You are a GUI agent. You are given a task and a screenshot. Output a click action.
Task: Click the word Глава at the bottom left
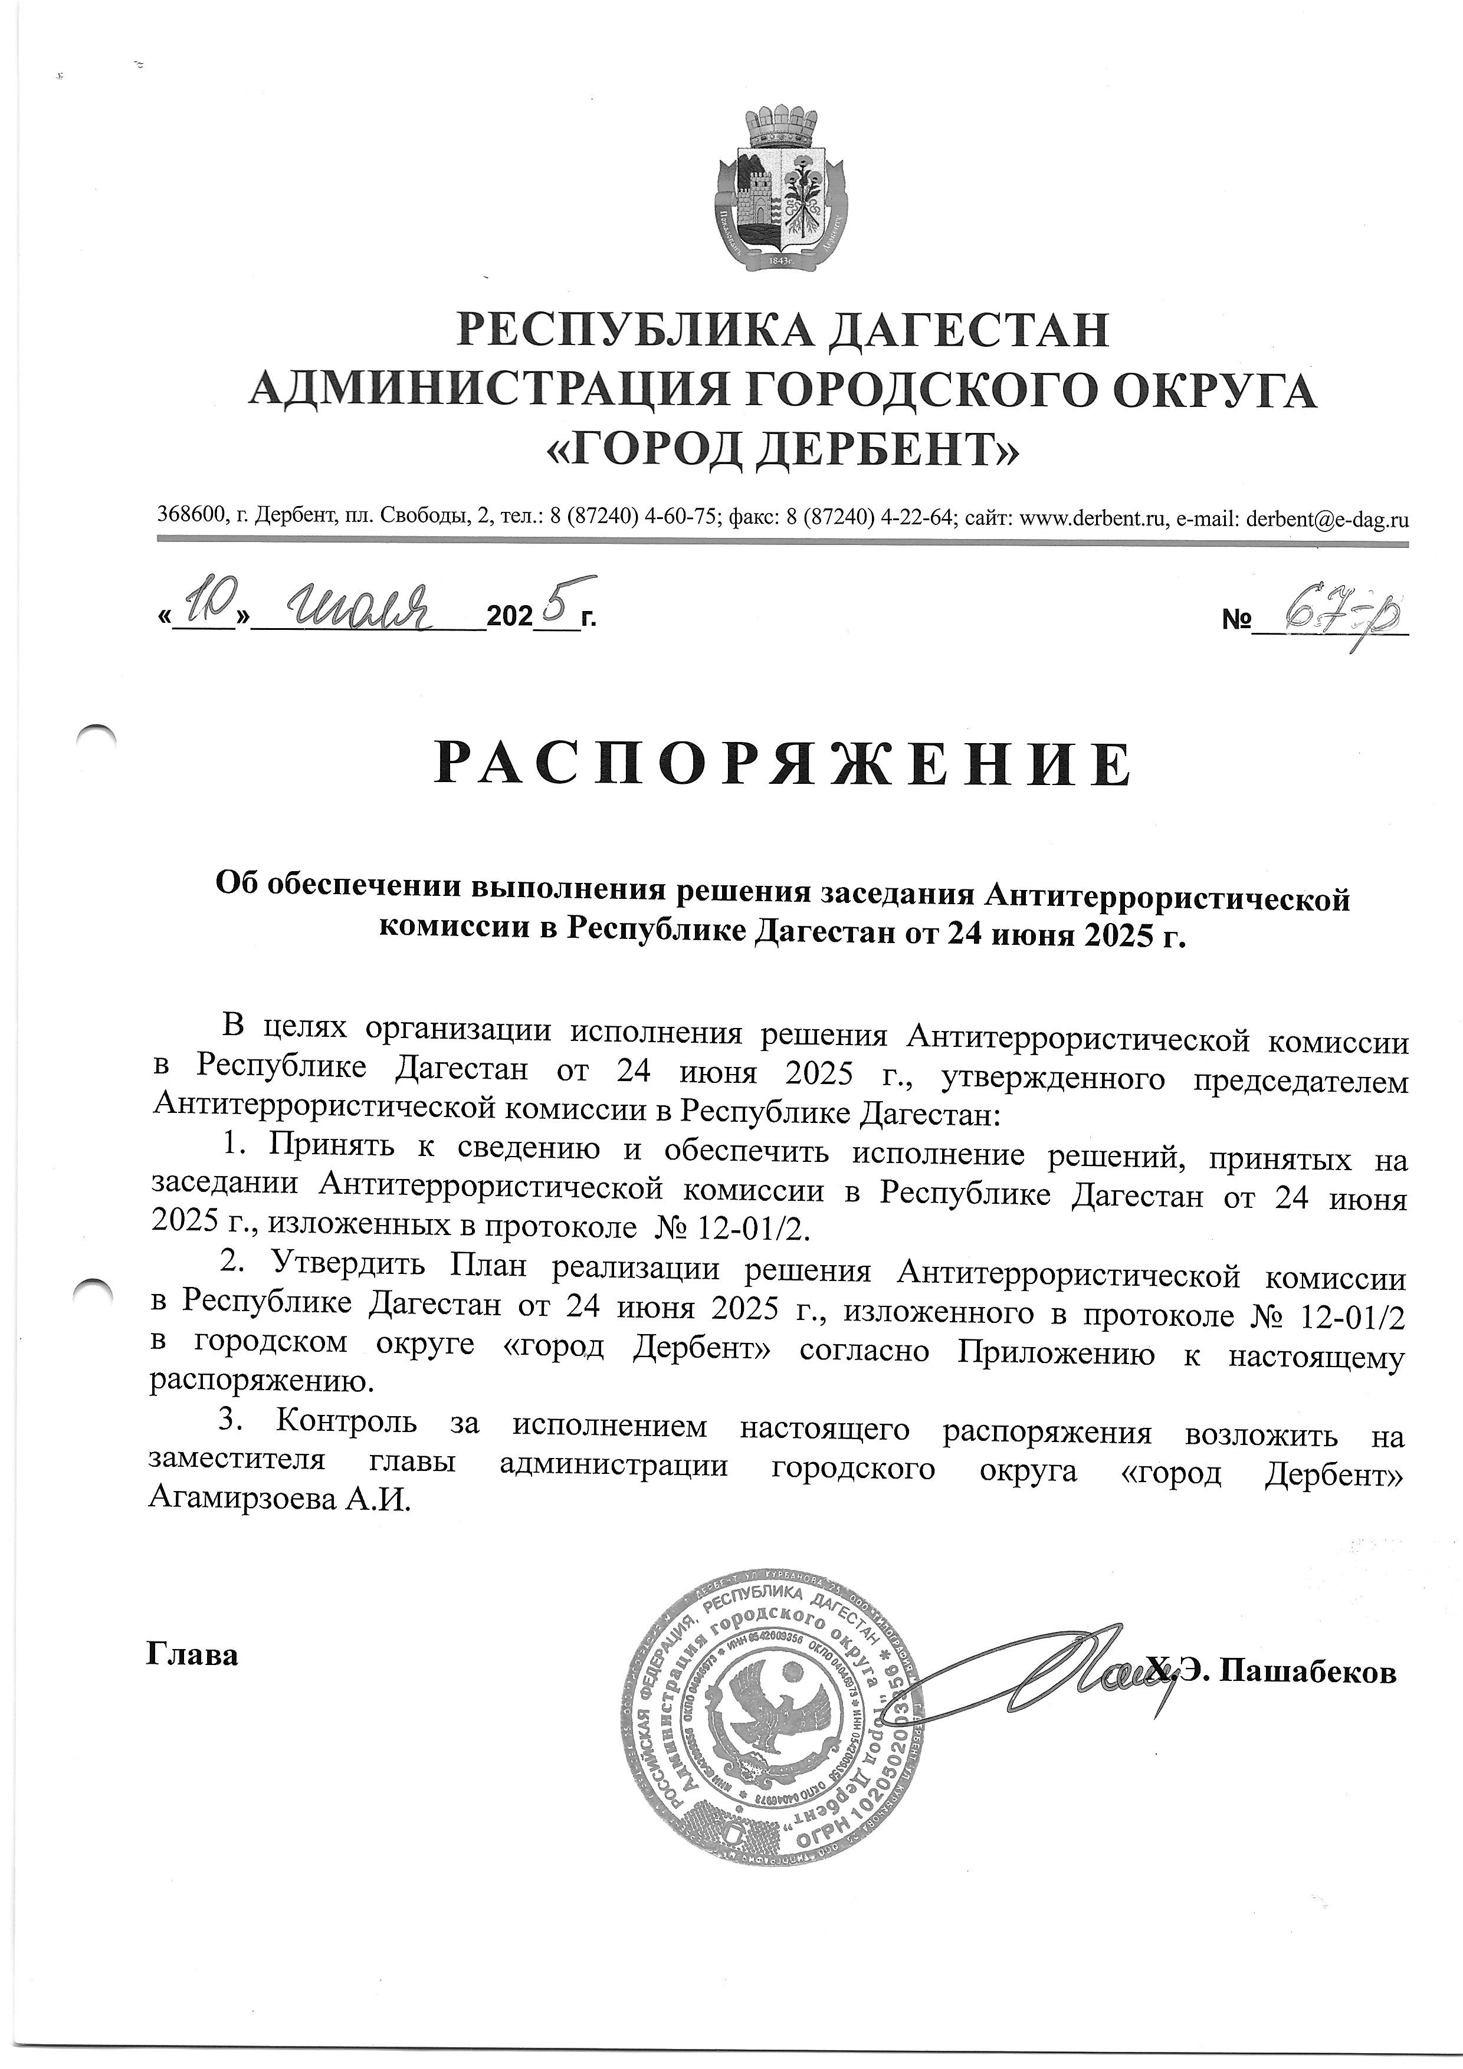pyautogui.click(x=192, y=1654)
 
